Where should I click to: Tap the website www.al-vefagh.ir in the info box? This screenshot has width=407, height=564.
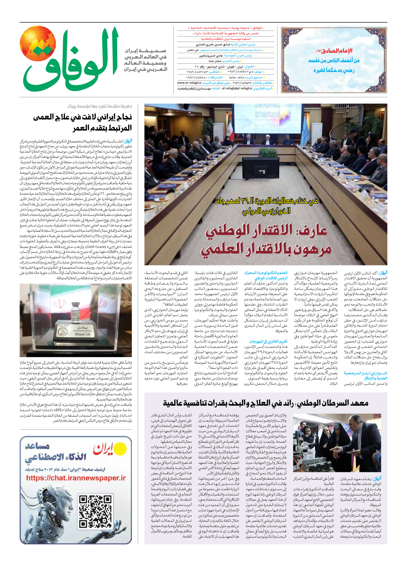(x=189, y=83)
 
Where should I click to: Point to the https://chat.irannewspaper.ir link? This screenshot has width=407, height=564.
(x=76, y=478)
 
